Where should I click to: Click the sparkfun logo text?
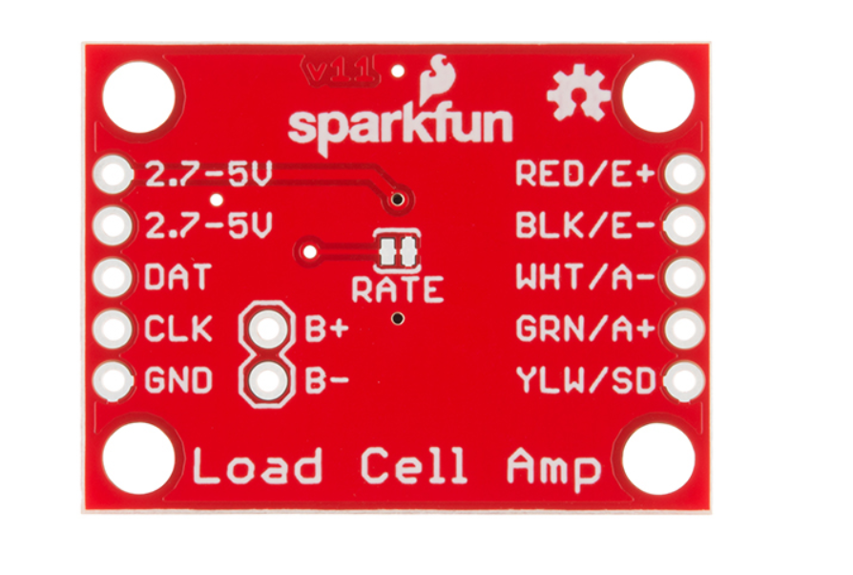[x=400, y=126]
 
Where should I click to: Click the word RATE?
[x=397, y=288]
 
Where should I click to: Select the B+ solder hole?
[x=270, y=330]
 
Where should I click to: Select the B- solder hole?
[x=270, y=382]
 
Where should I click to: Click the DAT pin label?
[x=177, y=278]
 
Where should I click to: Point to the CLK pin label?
[x=178, y=330]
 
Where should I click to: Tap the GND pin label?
[x=178, y=382]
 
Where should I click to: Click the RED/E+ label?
[x=585, y=174]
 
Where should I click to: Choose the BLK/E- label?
[x=585, y=226]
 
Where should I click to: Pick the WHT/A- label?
[x=585, y=278]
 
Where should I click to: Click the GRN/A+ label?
[x=585, y=330]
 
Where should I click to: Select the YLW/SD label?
[x=585, y=381]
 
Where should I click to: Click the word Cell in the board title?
[x=414, y=467]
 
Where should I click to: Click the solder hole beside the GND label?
[x=114, y=382]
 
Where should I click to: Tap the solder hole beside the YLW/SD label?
[x=684, y=381]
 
